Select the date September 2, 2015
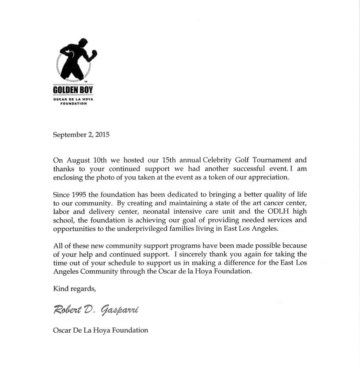[81, 135]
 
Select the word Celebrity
[219, 160]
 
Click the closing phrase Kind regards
[74, 289]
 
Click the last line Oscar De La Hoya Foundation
[100, 330]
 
